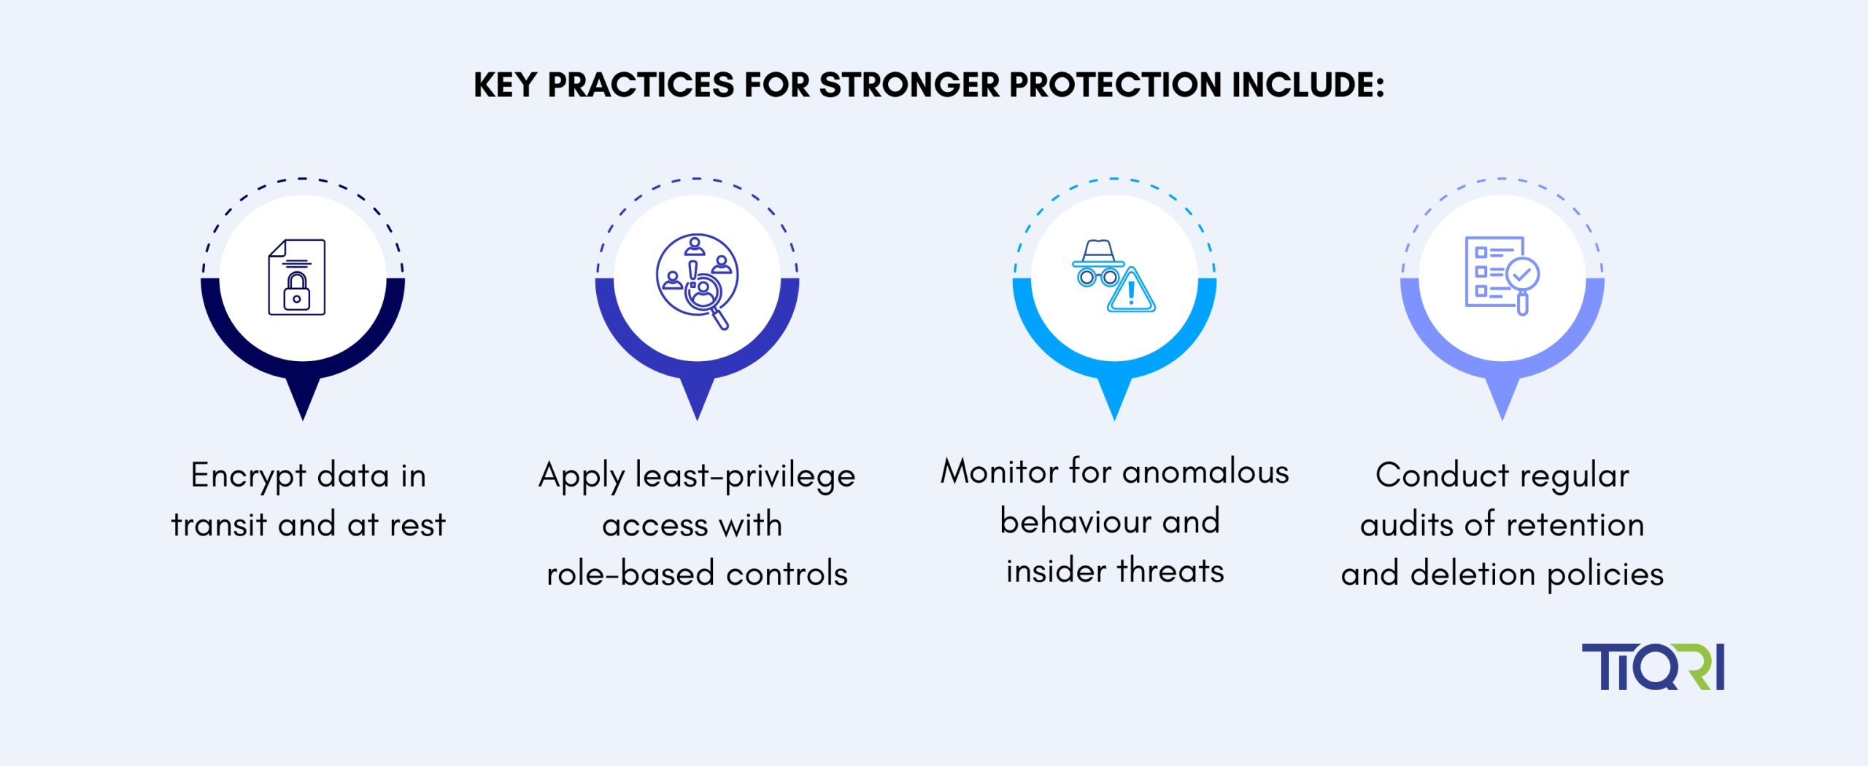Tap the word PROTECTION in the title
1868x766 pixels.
click(1115, 85)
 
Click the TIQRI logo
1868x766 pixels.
click(1653, 667)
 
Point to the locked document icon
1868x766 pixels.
click(297, 277)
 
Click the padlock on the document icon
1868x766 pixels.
click(297, 292)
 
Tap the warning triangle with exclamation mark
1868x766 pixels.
click(1131, 290)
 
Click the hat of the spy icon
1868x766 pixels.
click(1098, 252)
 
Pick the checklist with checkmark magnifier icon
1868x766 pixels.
click(1502, 275)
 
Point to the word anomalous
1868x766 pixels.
click(1206, 472)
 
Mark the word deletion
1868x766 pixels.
click(1473, 573)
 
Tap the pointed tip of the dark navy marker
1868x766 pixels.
click(303, 419)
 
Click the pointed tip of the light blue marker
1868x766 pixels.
click(1114, 419)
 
